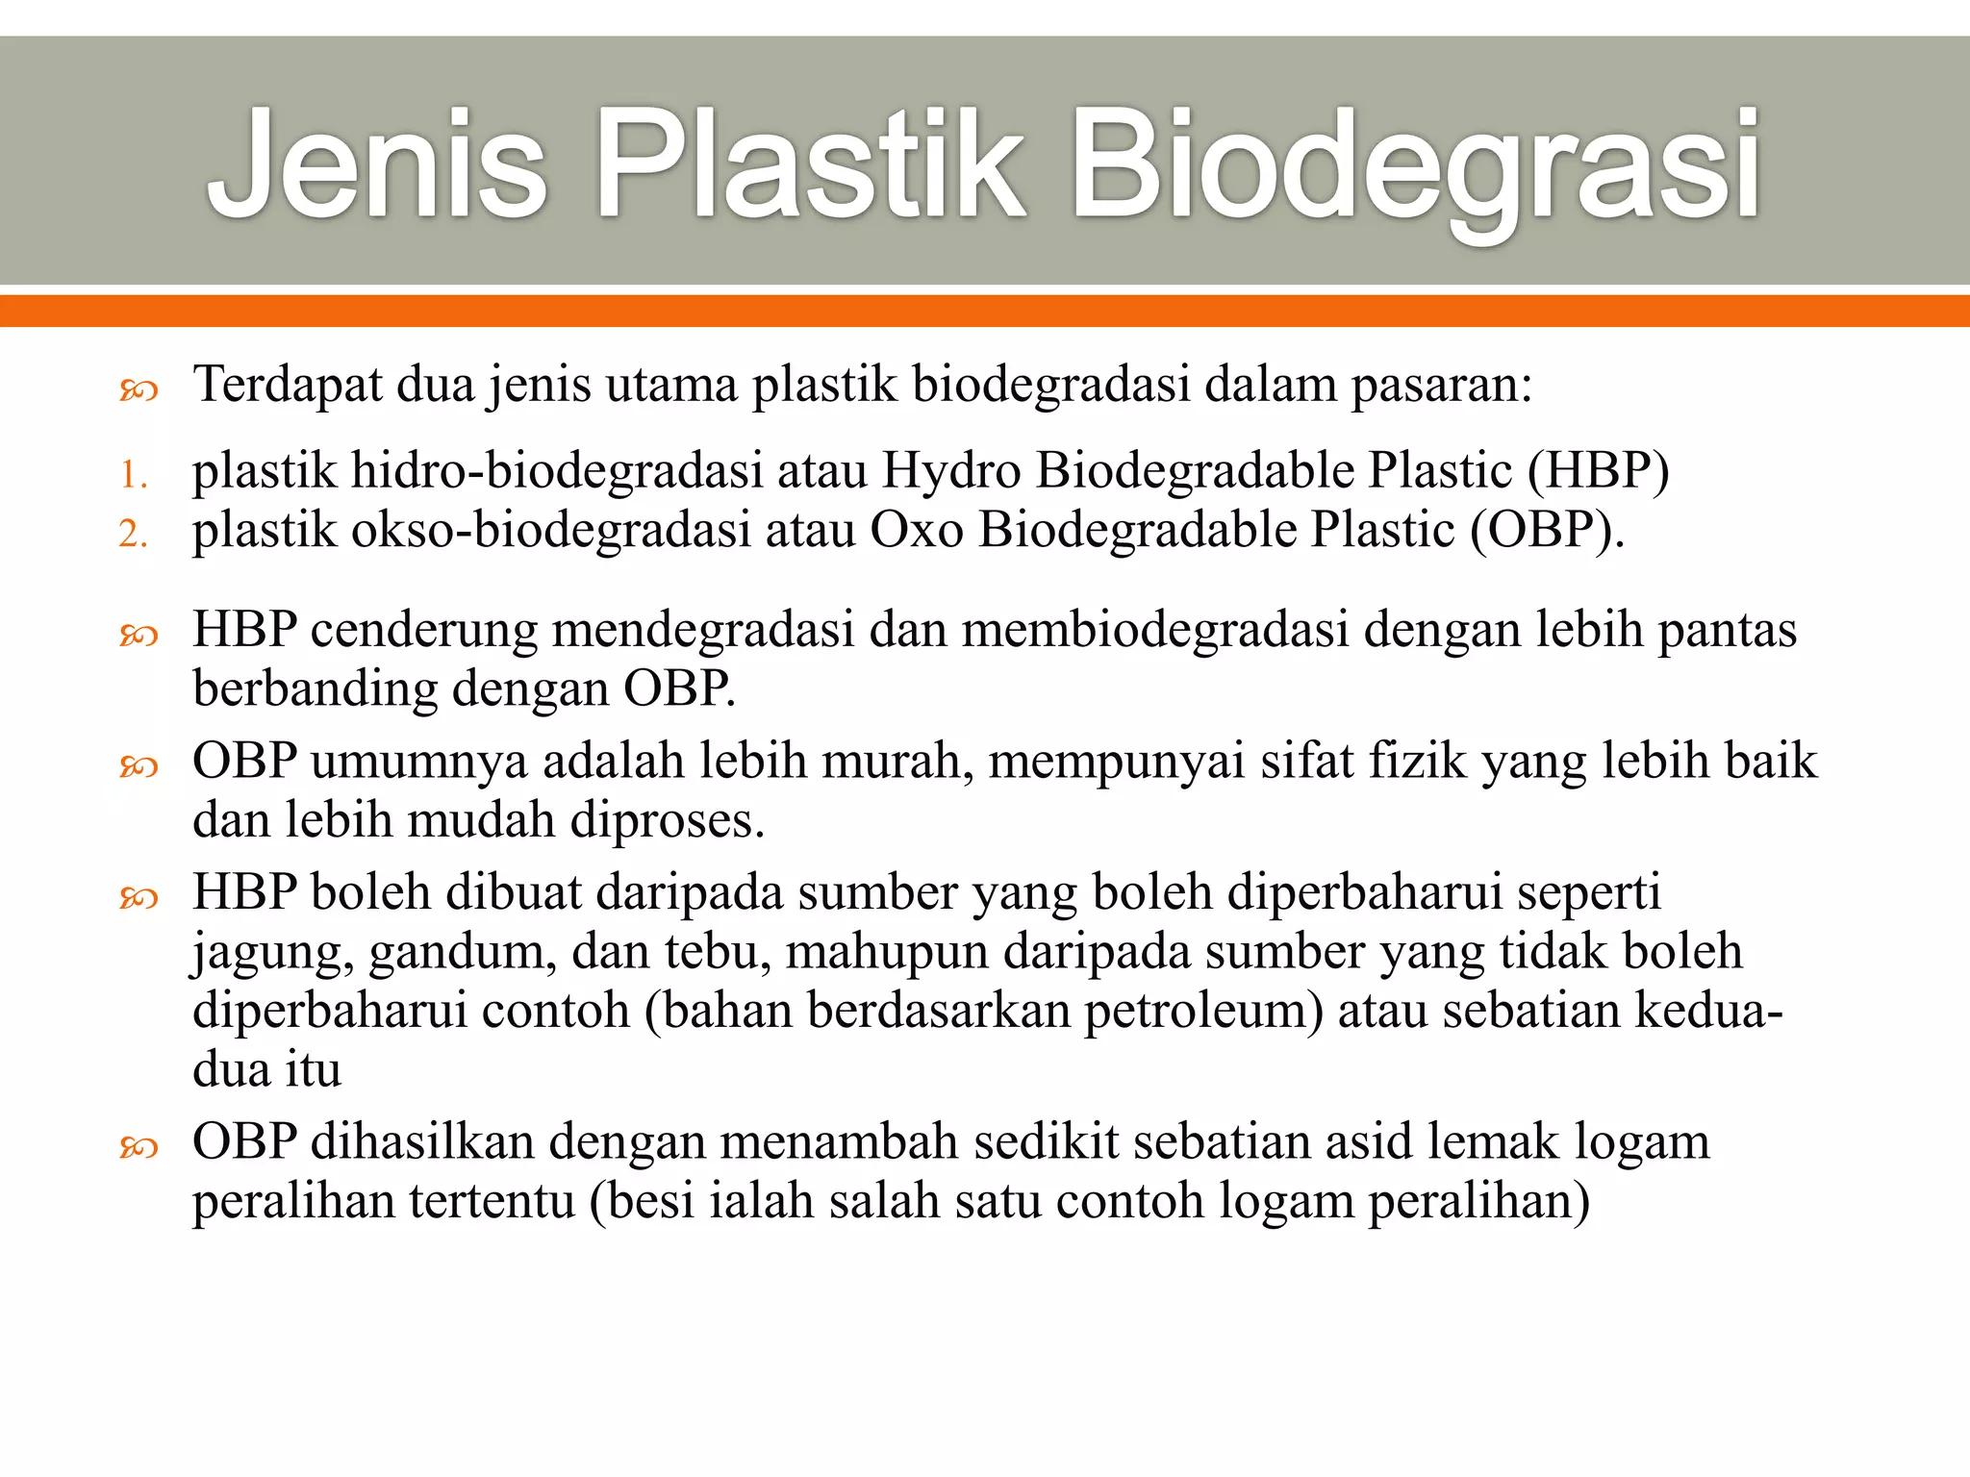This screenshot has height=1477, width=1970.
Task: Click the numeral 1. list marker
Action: coord(134,475)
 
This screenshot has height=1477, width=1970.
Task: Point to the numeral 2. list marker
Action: coord(134,534)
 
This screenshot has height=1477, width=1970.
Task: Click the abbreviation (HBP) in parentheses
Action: coord(1598,471)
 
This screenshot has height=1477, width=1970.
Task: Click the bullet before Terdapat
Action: coord(139,389)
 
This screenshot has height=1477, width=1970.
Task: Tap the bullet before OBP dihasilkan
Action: coord(139,1146)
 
